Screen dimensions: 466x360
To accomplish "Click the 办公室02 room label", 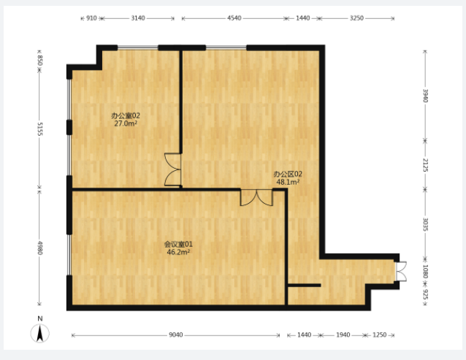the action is pos(126,115).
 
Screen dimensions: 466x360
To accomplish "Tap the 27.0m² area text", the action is pos(126,123).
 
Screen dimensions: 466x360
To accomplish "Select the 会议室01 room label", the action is pos(178,245).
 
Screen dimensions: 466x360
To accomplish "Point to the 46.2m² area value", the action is pos(178,252).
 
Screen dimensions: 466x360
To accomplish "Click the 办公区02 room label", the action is pos(288,174).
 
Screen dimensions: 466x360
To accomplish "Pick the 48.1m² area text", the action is pos(288,182).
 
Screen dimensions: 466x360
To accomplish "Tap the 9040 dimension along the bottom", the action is pos(175,335).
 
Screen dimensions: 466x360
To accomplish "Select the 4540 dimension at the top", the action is pos(234,18).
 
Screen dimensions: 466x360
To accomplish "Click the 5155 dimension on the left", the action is pos(40,129).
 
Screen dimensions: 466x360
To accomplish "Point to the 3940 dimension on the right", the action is pos(425,96).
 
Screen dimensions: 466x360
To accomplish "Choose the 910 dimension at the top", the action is pos(91,18).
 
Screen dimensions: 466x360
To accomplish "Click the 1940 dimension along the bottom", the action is pos(343,335).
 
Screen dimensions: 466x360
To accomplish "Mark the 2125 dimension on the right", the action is pos(425,165).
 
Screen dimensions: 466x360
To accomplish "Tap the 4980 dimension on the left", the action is pos(40,248).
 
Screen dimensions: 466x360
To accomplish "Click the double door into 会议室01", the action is pos(256,197).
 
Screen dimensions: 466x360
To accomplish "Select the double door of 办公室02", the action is pos(172,169).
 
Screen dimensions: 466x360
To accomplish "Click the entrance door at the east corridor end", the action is pos(401,271).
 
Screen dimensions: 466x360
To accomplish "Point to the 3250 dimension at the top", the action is pos(356,18).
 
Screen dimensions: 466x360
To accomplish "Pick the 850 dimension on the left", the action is pos(40,61).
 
